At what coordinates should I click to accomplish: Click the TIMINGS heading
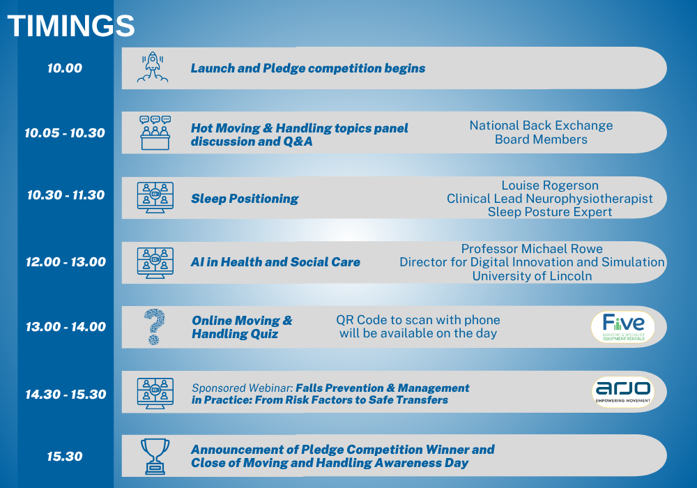point(71,26)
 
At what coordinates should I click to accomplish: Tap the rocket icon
point(153,67)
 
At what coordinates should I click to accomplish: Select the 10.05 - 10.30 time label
point(65,133)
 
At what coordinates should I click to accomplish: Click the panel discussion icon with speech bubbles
point(155,132)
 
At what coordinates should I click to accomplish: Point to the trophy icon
point(155,457)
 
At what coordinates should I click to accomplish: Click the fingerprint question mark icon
point(154,327)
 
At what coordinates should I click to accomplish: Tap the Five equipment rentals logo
point(623,327)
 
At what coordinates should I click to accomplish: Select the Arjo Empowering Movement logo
point(623,392)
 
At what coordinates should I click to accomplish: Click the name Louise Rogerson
point(550,185)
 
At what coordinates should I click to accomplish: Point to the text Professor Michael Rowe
point(532,248)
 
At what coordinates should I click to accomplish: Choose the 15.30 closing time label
point(65,457)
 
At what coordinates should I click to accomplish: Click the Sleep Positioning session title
point(245,199)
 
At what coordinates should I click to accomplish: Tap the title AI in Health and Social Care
point(275,262)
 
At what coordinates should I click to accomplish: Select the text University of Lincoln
point(532,276)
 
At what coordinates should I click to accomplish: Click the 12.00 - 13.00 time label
point(66,262)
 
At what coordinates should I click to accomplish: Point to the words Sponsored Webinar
point(243,388)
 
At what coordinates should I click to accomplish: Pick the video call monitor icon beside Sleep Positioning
point(155,197)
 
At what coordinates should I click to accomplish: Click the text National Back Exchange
point(541,125)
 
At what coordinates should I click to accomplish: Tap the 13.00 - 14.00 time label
point(66,327)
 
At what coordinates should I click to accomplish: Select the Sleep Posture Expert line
point(550,212)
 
